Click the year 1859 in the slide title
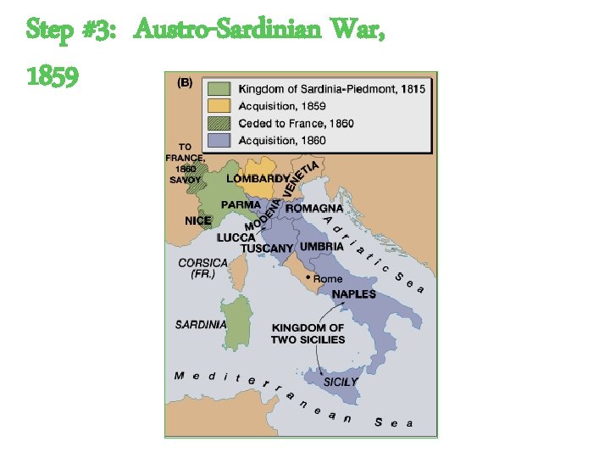[x=53, y=76]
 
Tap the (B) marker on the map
[x=184, y=83]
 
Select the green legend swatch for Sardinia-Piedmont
[x=219, y=88]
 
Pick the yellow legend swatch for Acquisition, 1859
[x=219, y=106]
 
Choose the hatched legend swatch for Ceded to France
[x=219, y=123]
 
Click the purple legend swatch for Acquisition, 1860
[x=219, y=140]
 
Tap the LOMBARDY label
[x=257, y=179]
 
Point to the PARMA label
[x=241, y=205]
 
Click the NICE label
[x=198, y=221]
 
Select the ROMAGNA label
[x=314, y=208]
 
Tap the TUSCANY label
[x=267, y=249]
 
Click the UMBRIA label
[x=321, y=247]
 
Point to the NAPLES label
[x=353, y=294]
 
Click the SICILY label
[x=340, y=382]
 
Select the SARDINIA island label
[x=200, y=324]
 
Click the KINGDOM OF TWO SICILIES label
[x=308, y=333]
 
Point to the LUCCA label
[x=236, y=237]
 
